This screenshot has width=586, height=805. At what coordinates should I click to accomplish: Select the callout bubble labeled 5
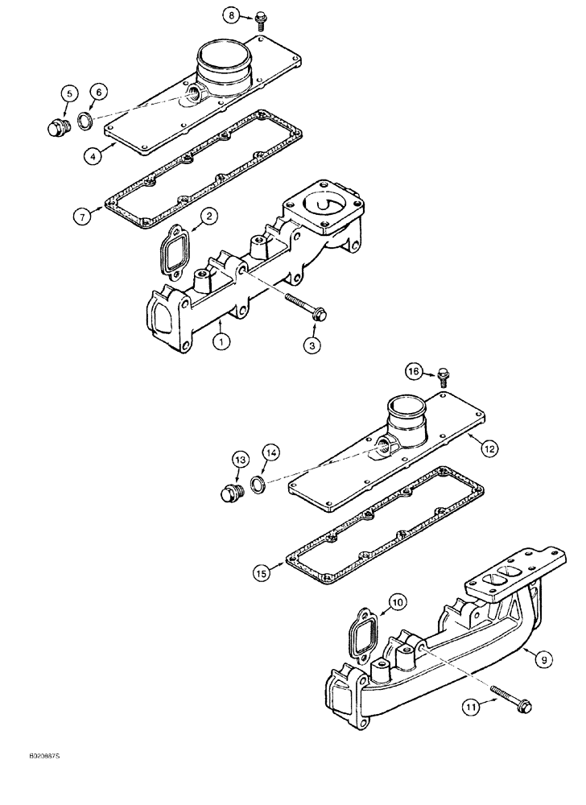click(68, 94)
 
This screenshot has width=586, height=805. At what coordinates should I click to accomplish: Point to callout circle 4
click(94, 156)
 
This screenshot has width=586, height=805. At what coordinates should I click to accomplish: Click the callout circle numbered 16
click(414, 371)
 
